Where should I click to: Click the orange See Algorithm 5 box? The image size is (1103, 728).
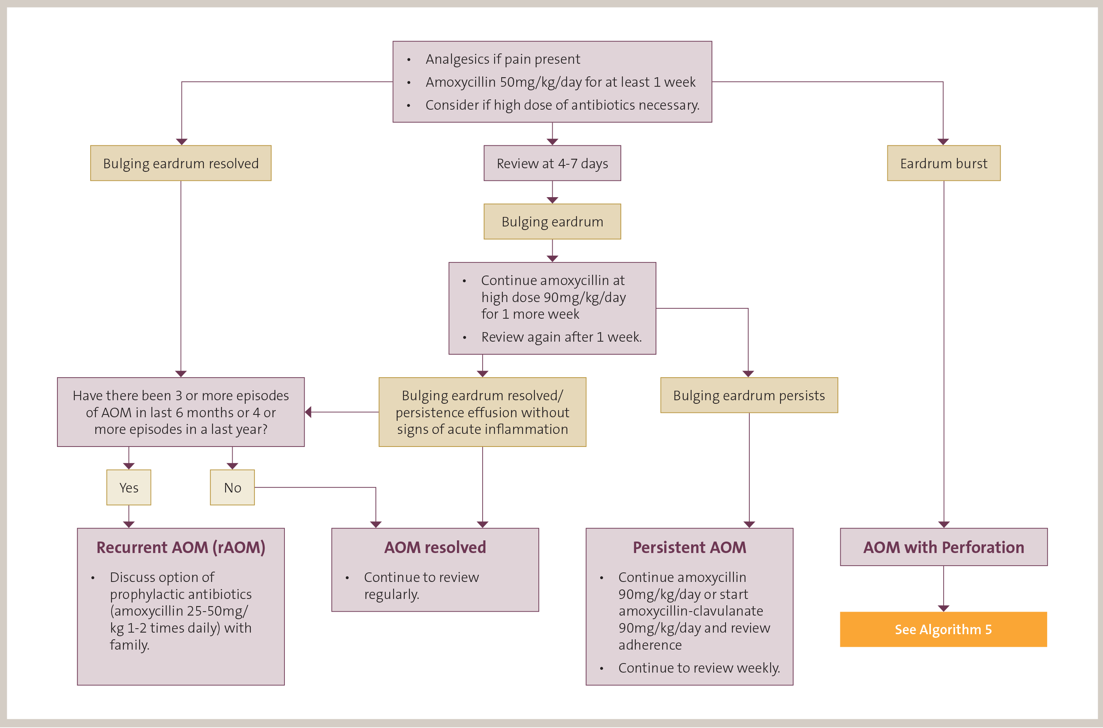943,629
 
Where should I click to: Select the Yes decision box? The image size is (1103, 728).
129,487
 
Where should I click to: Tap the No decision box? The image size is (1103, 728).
232,487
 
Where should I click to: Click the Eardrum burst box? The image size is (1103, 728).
944,163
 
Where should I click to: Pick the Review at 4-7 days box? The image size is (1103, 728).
552,163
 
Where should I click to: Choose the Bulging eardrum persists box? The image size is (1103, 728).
749,395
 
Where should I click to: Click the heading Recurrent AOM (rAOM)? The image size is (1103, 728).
180,547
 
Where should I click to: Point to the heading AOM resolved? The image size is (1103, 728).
435,547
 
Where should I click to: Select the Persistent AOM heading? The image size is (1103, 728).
690,547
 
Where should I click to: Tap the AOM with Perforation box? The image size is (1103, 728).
944,547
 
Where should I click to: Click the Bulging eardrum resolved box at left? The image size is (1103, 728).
180,163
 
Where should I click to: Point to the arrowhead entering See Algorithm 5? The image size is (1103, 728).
944,608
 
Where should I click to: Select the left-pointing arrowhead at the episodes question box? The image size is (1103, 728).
308,412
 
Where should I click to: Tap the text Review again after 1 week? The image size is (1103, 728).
561,337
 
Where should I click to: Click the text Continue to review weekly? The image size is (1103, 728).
699,668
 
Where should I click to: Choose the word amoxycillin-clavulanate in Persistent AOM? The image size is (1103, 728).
690,611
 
